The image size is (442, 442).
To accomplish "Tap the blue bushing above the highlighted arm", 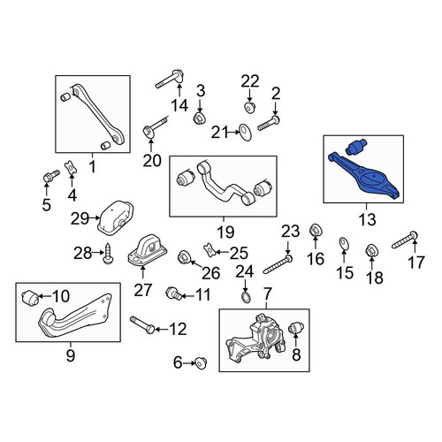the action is [x=356, y=146].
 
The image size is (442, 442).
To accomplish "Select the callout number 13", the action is [x=368, y=219].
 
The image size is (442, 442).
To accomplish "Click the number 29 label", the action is [x=80, y=218].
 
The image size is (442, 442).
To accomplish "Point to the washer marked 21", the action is [x=245, y=133].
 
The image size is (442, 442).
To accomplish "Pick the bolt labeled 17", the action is [x=405, y=240].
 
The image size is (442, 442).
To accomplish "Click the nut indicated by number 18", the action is [x=371, y=251].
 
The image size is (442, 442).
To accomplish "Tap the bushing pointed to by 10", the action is [x=30, y=297].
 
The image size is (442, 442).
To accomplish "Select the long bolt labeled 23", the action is [x=278, y=263].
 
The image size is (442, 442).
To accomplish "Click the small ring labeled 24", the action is [x=247, y=297].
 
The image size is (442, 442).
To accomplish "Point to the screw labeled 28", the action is [x=108, y=254].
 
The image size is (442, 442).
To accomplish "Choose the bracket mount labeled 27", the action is [x=147, y=250].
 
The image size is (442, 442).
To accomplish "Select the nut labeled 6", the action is [x=202, y=362].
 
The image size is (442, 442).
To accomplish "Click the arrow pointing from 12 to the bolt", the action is [x=162, y=329].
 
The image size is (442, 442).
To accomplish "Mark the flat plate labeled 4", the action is [x=71, y=168].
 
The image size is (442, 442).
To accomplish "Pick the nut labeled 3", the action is [x=199, y=118].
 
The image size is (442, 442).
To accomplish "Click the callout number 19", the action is [x=225, y=232].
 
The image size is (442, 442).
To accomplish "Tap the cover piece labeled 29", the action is [x=116, y=217].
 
